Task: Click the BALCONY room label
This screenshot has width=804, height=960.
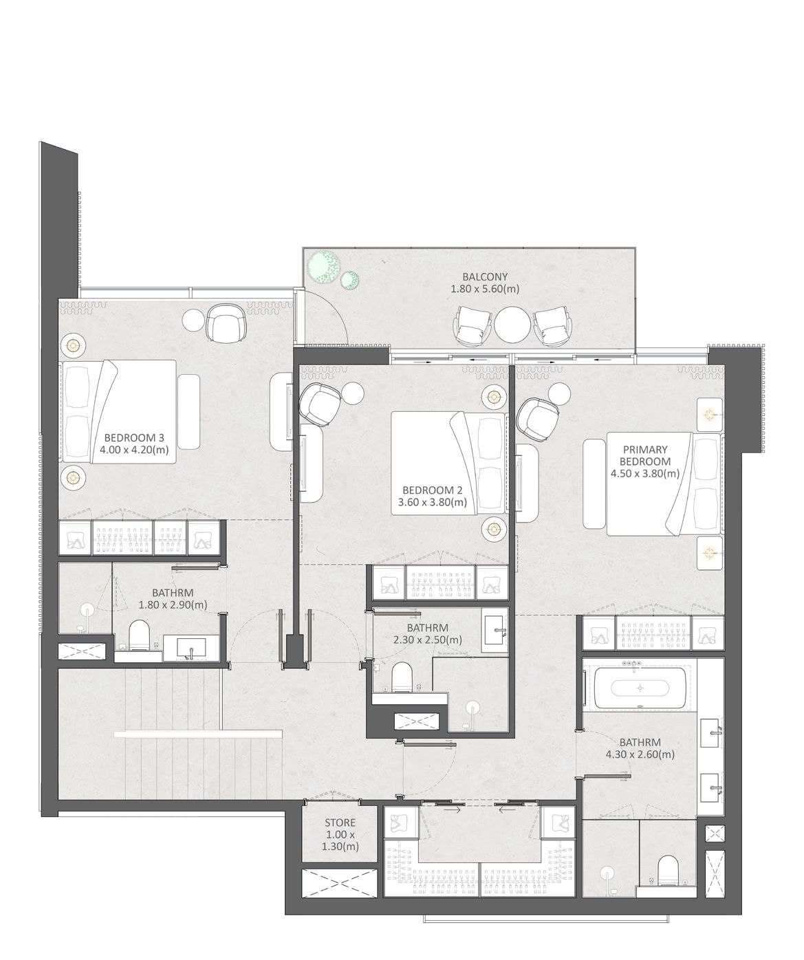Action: [485, 276]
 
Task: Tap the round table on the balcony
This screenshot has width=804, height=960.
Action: [512, 323]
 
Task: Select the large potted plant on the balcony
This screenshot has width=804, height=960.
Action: [325, 266]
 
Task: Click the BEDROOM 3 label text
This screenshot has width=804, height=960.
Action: [134, 437]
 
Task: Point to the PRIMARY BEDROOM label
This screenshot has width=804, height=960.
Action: [645, 455]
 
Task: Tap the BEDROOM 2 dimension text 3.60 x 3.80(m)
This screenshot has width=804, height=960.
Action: [433, 502]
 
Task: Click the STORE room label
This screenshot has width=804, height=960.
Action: [340, 822]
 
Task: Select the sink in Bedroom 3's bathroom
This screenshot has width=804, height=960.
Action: [191, 648]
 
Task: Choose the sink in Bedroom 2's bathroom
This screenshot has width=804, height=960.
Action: [495, 629]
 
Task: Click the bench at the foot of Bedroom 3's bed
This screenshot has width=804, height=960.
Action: [188, 411]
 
